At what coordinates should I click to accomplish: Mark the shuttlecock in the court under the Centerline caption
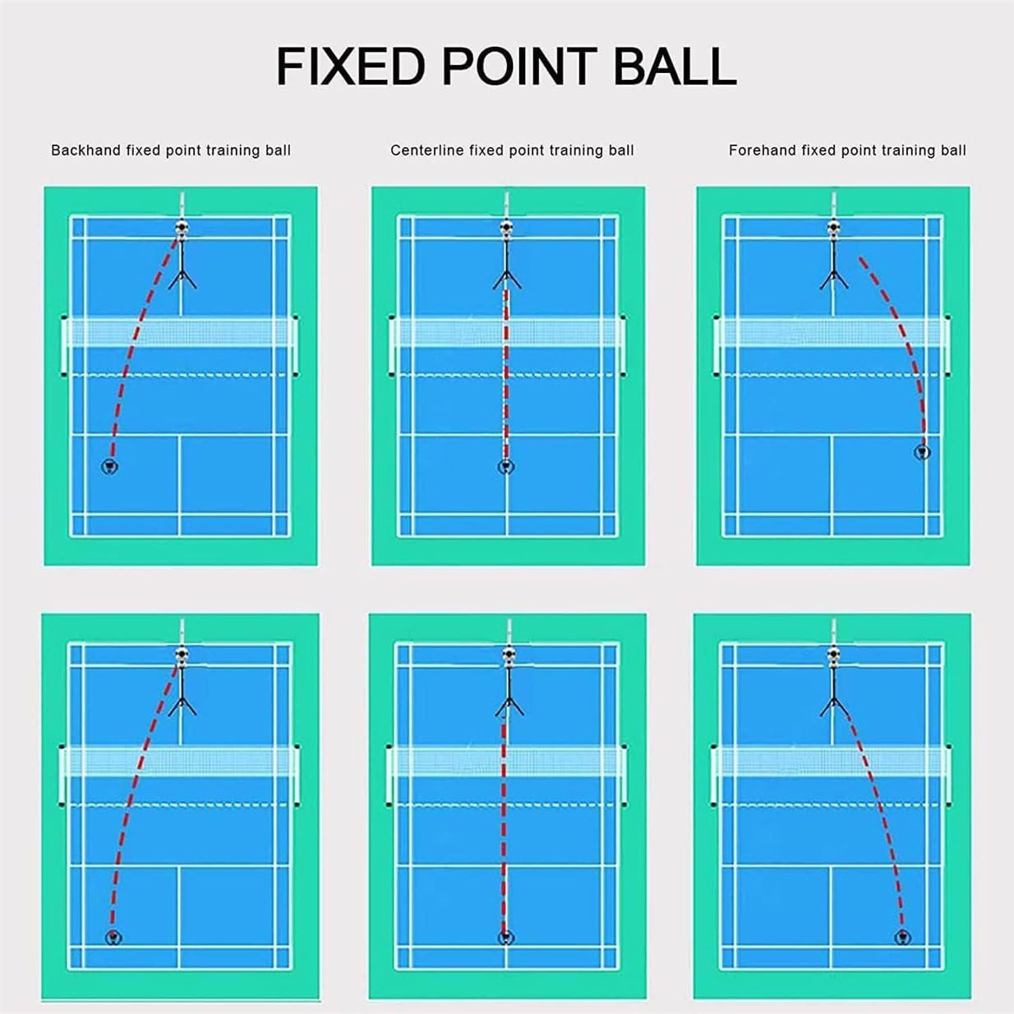coord(506,468)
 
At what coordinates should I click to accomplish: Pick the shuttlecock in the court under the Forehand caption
coord(924,452)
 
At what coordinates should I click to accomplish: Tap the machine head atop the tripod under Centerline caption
coord(506,228)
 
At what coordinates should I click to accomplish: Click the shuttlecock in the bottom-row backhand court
coord(113,938)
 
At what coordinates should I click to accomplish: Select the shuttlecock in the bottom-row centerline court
coord(505,938)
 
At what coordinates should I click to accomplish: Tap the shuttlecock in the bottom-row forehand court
coord(902,938)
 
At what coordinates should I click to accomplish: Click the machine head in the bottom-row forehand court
coord(833,654)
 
